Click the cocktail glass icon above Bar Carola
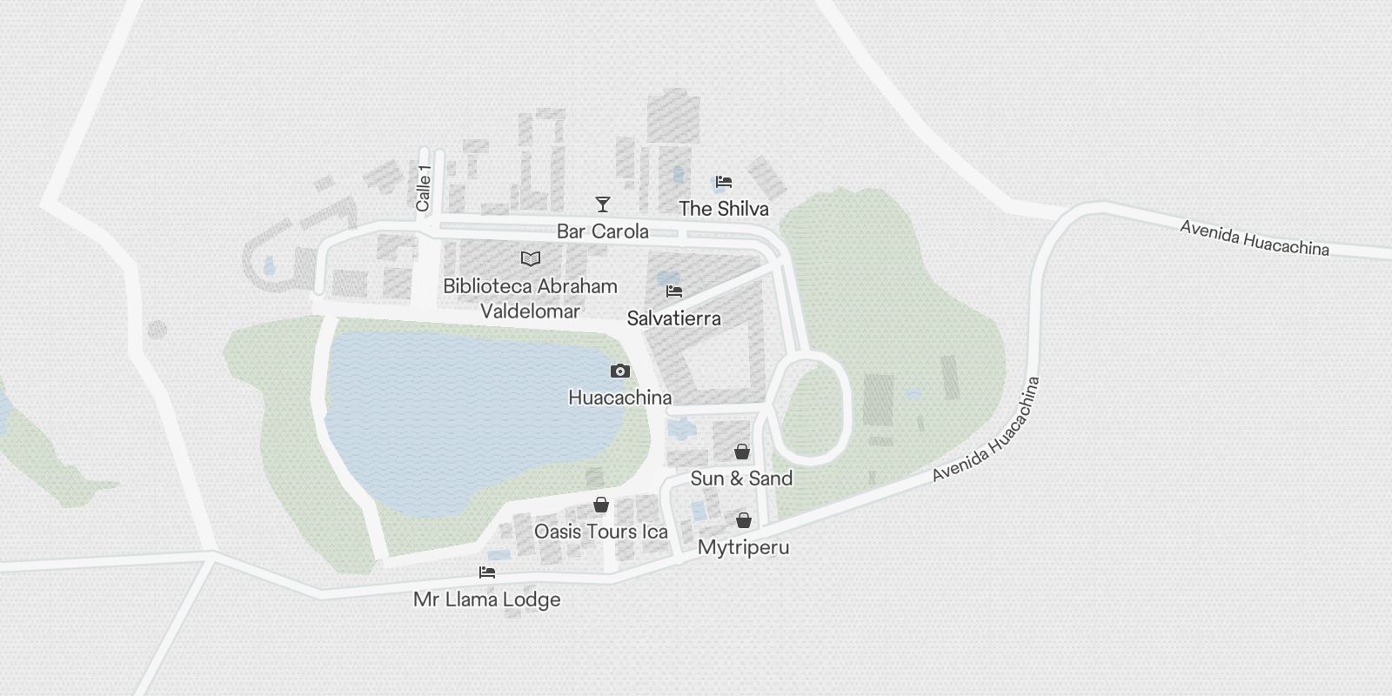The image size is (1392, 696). point(602,204)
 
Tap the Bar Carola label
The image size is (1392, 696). point(602,231)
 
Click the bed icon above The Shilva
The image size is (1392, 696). point(723,182)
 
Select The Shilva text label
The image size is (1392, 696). point(723,209)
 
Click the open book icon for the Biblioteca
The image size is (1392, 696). point(530,258)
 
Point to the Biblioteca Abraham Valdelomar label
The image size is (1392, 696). point(530,298)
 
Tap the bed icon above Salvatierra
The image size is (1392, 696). point(674,291)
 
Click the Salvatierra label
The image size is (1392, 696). point(673,318)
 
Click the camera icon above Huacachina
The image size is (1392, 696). point(619,371)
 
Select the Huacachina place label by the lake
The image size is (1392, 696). point(619,398)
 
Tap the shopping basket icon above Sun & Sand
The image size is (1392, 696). point(741,452)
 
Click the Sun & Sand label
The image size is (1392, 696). point(741,478)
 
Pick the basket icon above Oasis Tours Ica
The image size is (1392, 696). point(600,505)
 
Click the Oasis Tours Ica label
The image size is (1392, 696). point(600,532)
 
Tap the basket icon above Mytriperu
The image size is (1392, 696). point(743,520)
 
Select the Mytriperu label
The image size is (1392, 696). point(743,548)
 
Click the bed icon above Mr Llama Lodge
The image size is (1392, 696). point(487,572)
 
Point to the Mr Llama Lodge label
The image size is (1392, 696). point(487,599)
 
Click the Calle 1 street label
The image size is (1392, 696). point(424,188)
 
